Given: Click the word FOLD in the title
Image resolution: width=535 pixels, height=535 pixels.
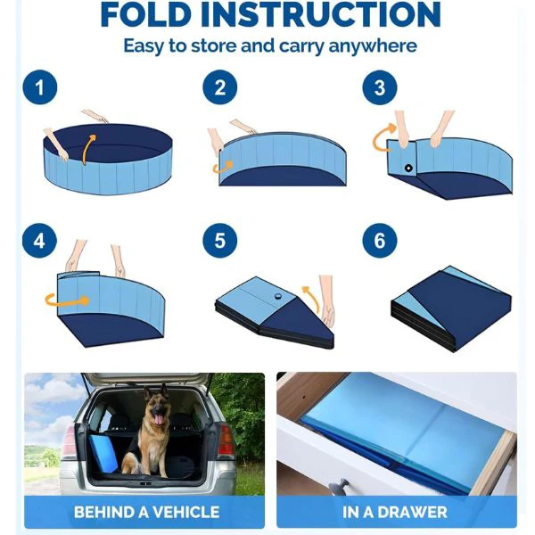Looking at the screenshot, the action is [145, 14].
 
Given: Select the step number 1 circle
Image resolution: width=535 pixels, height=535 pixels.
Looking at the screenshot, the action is [40, 87].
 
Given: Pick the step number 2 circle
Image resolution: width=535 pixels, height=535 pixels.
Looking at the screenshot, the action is [219, 87].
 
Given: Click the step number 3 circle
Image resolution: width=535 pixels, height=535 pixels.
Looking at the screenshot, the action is [380, 87].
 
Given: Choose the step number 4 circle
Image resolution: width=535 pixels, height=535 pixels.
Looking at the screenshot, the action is [39, 241].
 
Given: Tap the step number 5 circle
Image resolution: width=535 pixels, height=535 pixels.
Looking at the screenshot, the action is [219, 241].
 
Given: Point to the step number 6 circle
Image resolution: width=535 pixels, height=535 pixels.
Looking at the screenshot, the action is [380, 241].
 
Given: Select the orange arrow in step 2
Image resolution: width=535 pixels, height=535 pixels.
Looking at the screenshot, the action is [222, 168].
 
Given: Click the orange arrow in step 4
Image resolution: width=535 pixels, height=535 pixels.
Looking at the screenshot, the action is [67, 300].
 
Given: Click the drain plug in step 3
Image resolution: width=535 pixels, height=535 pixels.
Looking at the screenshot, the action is [408, 168].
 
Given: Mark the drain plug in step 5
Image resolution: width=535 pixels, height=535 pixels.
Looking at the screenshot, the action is [278, 296].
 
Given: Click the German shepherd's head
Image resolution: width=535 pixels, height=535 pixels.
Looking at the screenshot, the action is [157, 406].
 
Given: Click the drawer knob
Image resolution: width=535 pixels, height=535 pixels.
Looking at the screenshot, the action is [339, 487].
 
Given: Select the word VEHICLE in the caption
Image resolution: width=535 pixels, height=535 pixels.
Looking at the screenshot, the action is [186, 512].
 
